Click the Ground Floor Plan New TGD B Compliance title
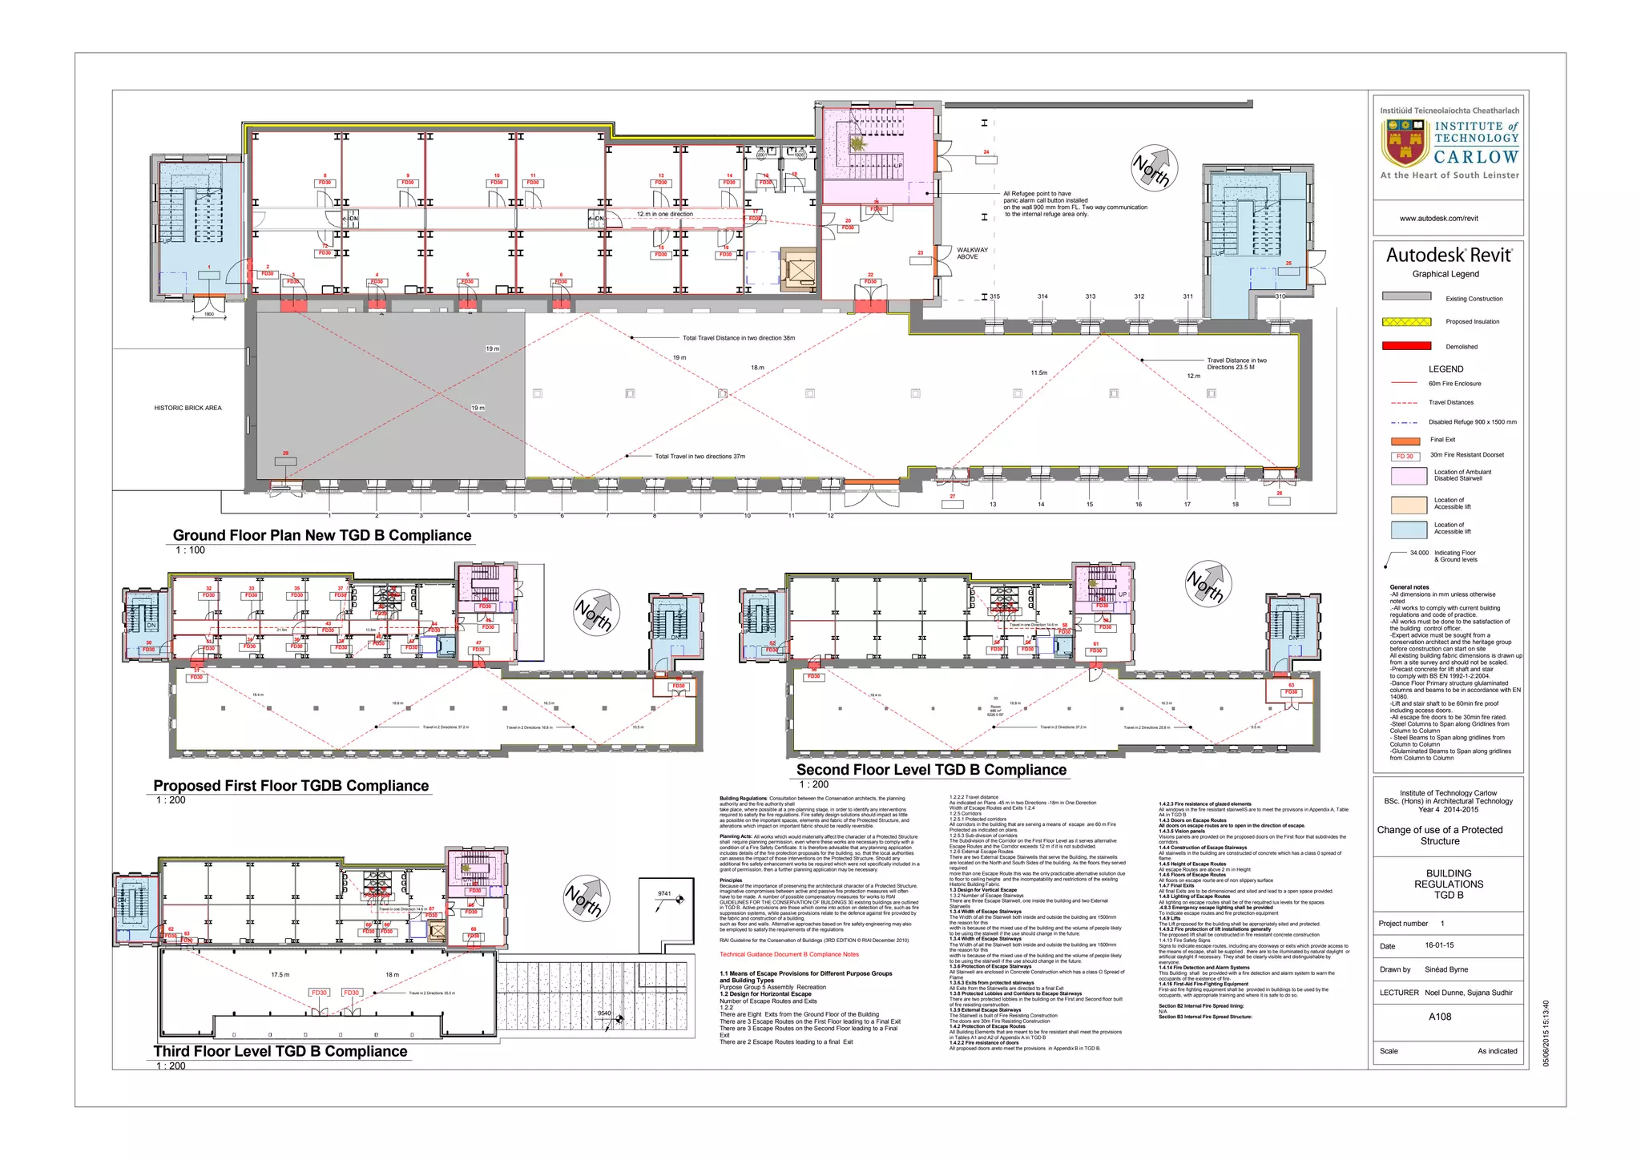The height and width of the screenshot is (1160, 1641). pos(322,535)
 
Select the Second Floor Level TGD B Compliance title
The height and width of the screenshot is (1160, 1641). pos(931,770)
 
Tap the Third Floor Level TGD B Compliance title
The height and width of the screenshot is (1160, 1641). pos(280,1051)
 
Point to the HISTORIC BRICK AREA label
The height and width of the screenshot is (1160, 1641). pos(187,408)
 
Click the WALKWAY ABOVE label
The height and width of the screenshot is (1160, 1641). pos(972,253)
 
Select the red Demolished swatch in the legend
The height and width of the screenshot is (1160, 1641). pos(1406,346)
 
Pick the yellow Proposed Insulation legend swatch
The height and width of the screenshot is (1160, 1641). pos(1406,321)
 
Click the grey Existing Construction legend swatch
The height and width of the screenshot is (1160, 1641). pos(1406,296)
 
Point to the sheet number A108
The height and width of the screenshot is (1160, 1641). pos(1440,1017)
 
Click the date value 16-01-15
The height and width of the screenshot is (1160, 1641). pos(1439,945)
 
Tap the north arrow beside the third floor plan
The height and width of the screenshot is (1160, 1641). pos(586,898)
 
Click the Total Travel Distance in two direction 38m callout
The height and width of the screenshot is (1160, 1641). pos(738,338)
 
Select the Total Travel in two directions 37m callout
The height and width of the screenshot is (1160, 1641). pos(700,457)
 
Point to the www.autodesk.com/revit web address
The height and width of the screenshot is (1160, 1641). pos(1439,218)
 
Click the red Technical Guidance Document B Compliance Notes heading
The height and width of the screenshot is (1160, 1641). pos(788,954)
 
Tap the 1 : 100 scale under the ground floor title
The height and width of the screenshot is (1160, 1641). pos(190,550)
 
